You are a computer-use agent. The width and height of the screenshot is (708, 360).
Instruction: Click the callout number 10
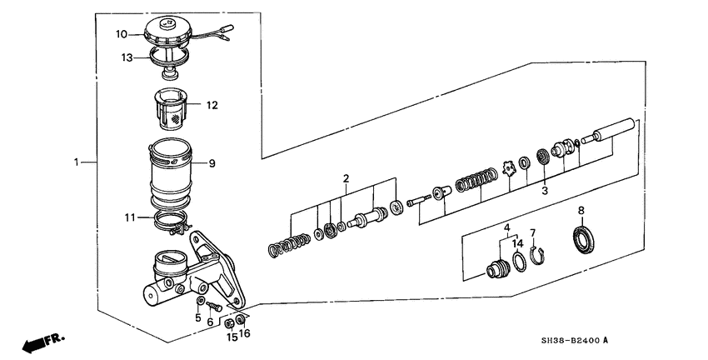point(121,35)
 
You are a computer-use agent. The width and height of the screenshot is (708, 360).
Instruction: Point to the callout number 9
point(212,163)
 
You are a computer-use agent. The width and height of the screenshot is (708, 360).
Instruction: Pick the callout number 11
point(129,217)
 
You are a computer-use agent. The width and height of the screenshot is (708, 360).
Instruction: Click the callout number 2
point(347,178)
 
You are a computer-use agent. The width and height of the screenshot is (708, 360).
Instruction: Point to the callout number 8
point(581,210)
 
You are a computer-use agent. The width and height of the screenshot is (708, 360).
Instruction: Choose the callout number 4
point(506,227)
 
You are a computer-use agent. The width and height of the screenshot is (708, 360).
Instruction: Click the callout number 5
point(198,317)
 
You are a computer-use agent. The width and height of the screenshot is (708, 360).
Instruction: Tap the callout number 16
point(244,333)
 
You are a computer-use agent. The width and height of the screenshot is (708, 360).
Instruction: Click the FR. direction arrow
point(42,342)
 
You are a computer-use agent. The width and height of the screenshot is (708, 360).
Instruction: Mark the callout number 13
point(127,58)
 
